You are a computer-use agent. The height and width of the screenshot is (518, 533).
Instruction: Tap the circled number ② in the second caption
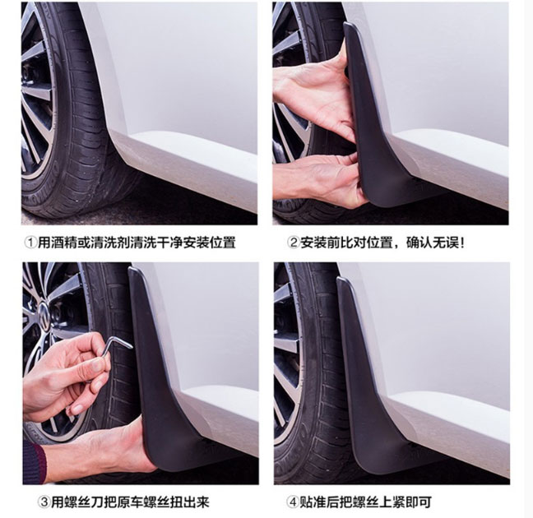point(293,243)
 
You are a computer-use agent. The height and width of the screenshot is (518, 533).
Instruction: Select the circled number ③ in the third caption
point(44,502)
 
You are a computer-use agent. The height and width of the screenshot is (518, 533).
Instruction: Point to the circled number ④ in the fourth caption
point(292,502)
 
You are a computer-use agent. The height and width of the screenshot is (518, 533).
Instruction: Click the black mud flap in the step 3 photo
point(160,374)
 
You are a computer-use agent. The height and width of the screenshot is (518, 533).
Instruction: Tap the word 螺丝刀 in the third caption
point(84,502)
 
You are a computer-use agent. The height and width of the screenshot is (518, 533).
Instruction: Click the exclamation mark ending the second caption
point(461,243)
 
